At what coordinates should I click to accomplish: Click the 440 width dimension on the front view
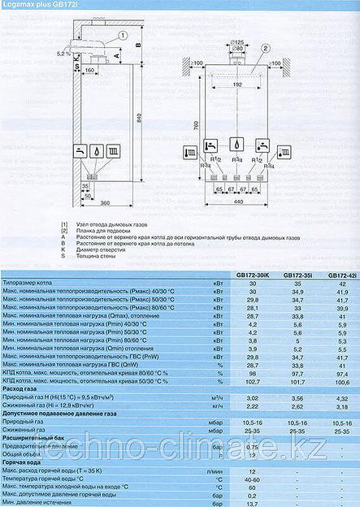(x=237, y=201)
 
